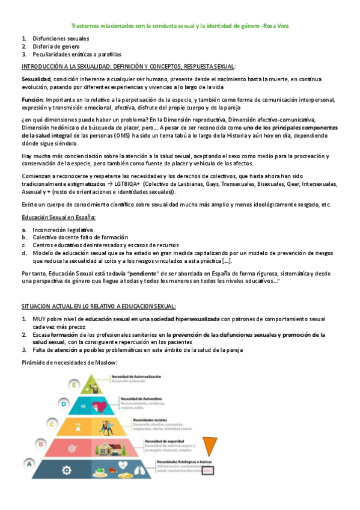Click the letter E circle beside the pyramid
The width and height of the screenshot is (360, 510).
click(x=75, y=384)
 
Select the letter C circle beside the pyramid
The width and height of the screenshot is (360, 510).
click(x=52, y=424)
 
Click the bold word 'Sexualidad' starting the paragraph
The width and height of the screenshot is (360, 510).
click(x=36, y=79)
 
